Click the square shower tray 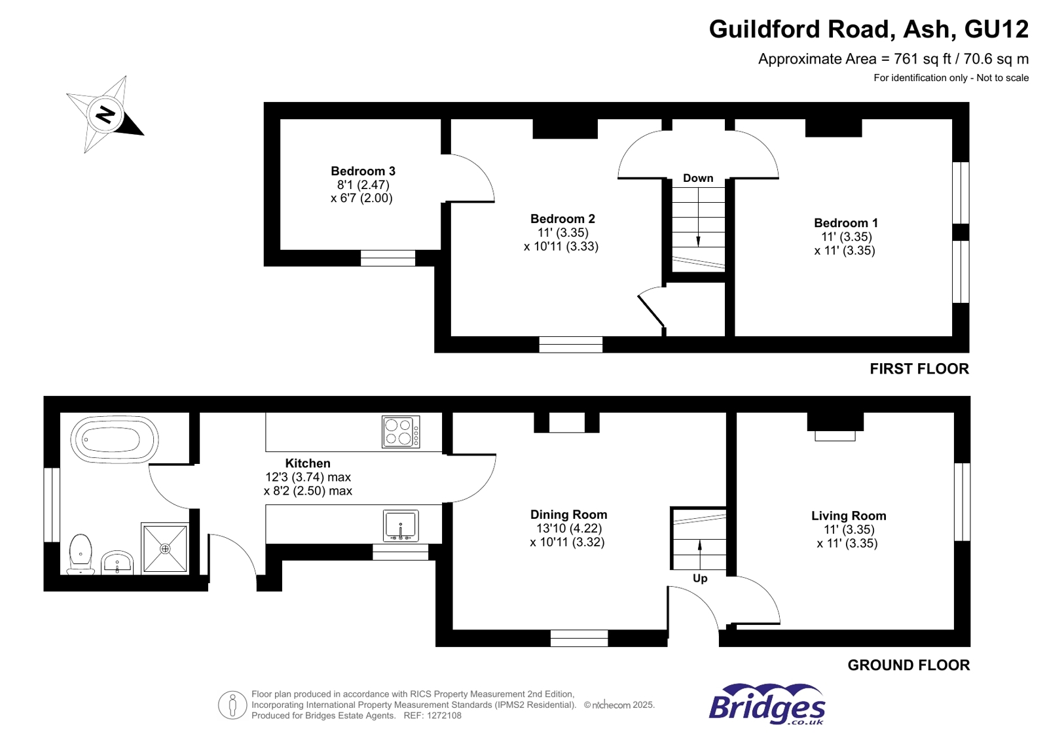tap(165, 548)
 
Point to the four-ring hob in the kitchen tap(401, 432)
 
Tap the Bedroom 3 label tap(363, 171)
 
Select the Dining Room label tap(568, 515)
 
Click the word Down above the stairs tap(698, 178)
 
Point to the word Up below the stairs tap(700, 578)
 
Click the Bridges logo tap(767, 705)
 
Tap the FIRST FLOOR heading tap(919, 369)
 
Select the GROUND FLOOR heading tap(908, 665)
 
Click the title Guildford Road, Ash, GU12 tap(868, 29)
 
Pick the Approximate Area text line tap(893, 59)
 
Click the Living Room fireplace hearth tap(835, 436)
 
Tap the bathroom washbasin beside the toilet tap(117, 562)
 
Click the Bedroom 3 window tap(388, 258)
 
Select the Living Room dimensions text tap(847, 537)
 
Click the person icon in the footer tap(232, 705)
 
